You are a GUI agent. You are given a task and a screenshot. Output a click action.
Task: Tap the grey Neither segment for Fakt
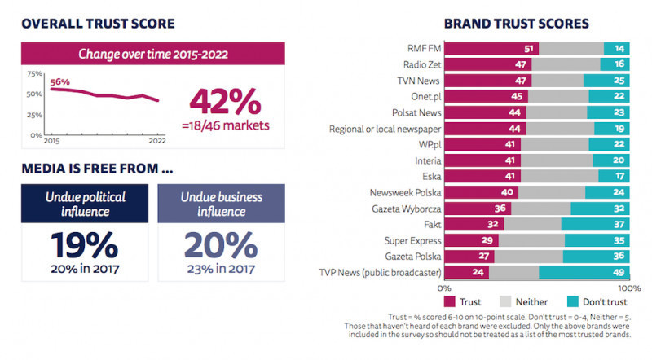coord(532,224)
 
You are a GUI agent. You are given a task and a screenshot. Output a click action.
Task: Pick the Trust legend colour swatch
coord(450,301)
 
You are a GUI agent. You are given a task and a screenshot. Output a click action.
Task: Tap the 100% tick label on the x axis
coord(629,288)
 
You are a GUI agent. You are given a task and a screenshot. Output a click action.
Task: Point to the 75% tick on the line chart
coord(35,74)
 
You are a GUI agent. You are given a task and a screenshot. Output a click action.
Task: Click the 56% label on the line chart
coord(60,81)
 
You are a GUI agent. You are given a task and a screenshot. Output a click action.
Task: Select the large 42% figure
coord(225,101)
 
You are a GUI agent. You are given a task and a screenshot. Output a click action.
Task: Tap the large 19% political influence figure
coord(73,245)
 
